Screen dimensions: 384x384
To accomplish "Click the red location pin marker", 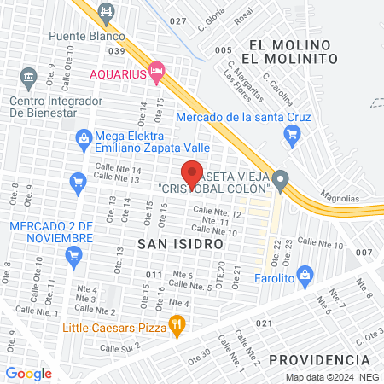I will pyautogui.click(x=192, y=174).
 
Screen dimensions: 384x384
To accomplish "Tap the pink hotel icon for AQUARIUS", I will pyautogui.click(x=155, y=73).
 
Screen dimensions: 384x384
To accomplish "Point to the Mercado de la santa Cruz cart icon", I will pyautogui.click(x=293, y=132).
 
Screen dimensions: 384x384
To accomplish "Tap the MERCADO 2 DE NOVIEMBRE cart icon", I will pyautogui.click(x=73, y=253).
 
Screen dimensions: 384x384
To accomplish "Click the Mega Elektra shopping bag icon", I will pyautogui.click(x=84, y=137).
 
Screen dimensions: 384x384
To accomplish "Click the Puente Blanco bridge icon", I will pyautogui.click(x=107, y=12).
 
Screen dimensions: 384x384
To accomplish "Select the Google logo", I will pyautogui.click(x=28, y=373).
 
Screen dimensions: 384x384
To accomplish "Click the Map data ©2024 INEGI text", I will pyautogui.click(x=332, y=377).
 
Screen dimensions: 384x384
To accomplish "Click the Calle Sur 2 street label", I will pyautogui.click(x=119, y=348).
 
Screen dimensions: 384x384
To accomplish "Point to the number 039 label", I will pyautogui.click(x=117, y=51).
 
